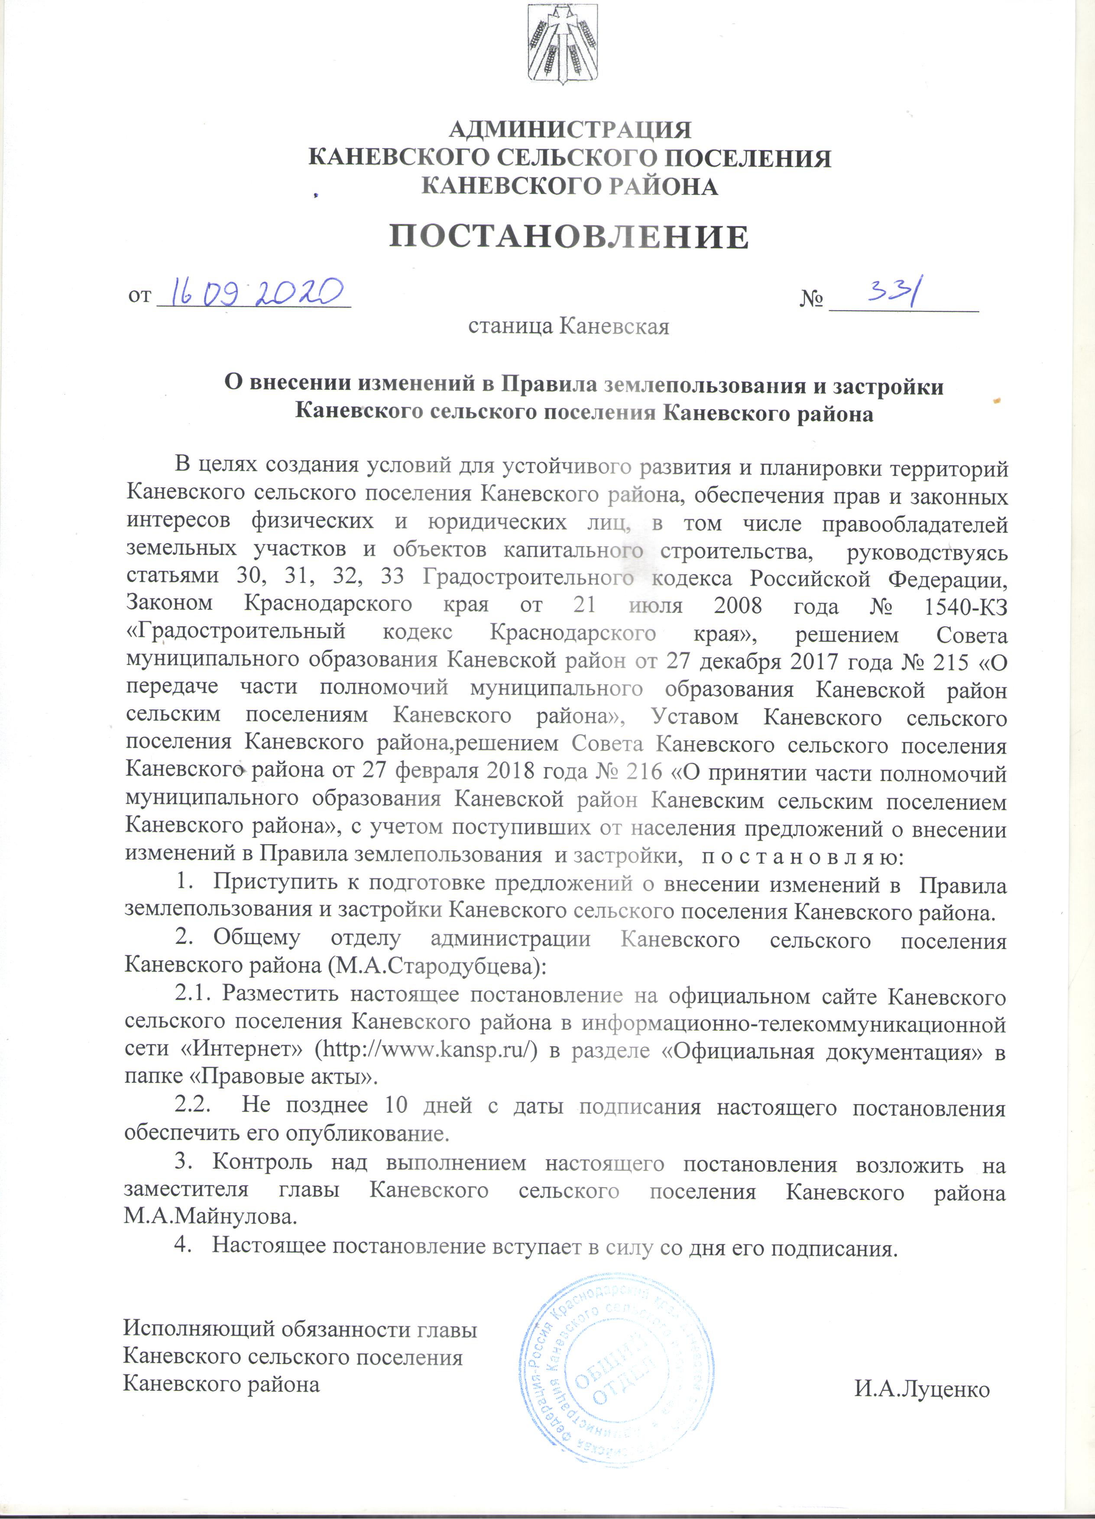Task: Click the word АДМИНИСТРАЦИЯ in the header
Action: point(569,129)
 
